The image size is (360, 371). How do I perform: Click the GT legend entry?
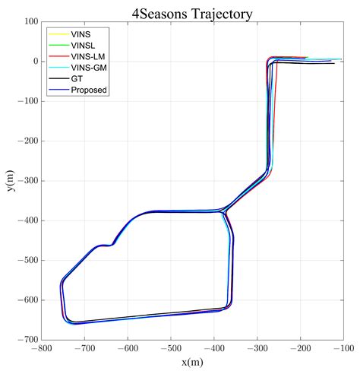coord(76,78)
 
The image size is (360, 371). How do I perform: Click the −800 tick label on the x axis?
coord(41,349)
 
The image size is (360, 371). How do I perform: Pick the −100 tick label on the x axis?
coord(343,349)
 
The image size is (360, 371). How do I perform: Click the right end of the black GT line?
coord(333,64)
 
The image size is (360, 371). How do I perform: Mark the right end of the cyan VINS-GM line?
coord(341,59)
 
